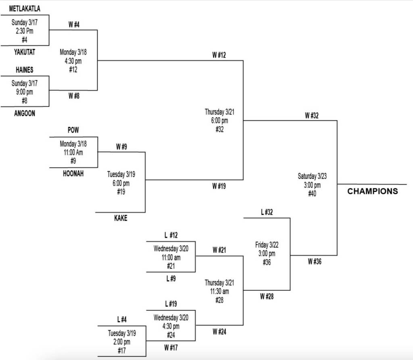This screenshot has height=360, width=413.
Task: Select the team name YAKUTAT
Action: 25,52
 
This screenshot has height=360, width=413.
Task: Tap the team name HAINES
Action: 25,70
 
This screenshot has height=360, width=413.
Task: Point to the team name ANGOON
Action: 25,114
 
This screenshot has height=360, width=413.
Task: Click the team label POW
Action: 73,130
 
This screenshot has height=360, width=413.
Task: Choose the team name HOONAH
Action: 73,174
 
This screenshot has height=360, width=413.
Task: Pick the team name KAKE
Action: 121,218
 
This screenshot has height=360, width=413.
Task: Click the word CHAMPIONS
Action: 372,191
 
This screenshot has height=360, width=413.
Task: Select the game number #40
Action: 312,194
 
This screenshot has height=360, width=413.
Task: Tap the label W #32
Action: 311,116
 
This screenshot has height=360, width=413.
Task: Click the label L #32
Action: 267,212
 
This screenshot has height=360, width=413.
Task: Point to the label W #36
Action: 315,261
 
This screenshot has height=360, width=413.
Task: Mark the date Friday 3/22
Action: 267,245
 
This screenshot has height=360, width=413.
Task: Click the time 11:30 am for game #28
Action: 219,291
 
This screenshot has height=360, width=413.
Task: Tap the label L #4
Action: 122,320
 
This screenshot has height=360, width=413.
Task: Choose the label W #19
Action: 219,186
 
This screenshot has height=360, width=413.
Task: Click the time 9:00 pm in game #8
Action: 25,92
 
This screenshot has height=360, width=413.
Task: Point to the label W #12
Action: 219,55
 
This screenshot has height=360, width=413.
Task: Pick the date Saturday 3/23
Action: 312,176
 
